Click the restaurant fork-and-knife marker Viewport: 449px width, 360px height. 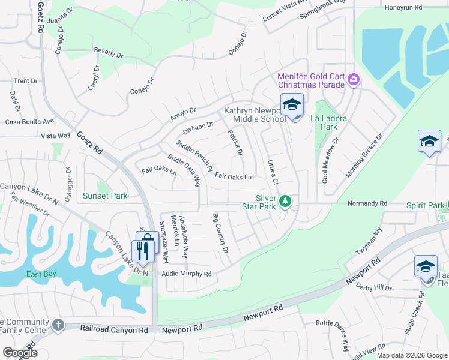[x=142, y=250]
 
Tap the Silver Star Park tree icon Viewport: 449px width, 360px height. [x=287, y=200]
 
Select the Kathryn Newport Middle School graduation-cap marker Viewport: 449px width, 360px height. [x=292, y=105]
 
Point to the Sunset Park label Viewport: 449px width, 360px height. [x=105, y=196]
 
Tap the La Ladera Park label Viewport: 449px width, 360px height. [x=328, y=123]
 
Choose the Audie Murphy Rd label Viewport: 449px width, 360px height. [x=187, y=274]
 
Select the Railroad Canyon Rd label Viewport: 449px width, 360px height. [x=114, y=329]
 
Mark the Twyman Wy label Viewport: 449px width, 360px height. [x=370, y=239]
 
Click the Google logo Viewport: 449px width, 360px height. [x=20, y=353]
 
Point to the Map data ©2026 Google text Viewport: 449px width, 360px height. [x=411, y=355]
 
